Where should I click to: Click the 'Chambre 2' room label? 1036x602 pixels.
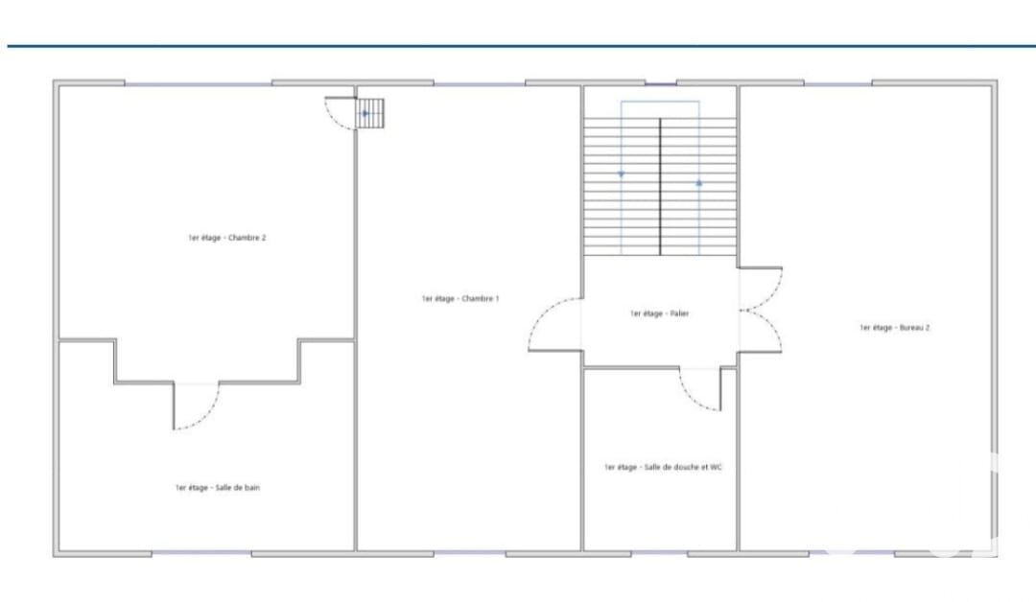226,238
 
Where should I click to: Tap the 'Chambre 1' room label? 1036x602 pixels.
460,299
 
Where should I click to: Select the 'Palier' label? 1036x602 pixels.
659,313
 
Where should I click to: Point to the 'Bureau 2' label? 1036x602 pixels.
895,328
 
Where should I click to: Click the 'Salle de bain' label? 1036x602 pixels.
218,488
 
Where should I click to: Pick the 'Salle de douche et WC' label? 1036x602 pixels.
663,468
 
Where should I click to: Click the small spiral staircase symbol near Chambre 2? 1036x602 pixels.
370,113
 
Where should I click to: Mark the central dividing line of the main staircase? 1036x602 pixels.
660,187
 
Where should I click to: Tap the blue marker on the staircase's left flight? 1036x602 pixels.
621,174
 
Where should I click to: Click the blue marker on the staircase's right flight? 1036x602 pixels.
699,183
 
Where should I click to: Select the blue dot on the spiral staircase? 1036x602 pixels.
365,113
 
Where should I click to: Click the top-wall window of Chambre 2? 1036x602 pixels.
199,83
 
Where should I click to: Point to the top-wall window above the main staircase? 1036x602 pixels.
661,83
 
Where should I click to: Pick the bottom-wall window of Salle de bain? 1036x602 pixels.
201,553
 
